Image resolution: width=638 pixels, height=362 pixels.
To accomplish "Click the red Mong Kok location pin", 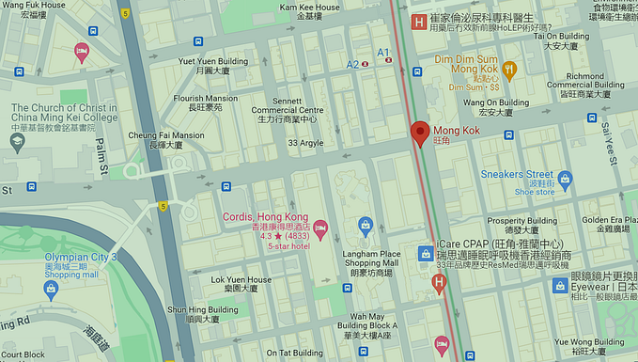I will pos(420,133).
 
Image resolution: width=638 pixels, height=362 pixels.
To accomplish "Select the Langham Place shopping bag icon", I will pos(366,225).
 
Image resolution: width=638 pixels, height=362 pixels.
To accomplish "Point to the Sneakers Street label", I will pos(516,174).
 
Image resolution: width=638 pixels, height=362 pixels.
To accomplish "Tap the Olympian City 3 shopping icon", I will pos(51,289).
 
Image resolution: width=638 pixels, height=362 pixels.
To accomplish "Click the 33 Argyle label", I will pos(305,143).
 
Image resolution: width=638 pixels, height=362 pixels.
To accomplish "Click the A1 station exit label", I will pos(382,52).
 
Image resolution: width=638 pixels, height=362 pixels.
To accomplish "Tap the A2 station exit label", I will pos(352,64).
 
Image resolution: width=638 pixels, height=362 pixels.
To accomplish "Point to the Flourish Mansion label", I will pos(206,98).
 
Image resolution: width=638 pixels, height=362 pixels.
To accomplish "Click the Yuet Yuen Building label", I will pos(213,61).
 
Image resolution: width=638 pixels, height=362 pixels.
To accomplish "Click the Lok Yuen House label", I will pos(241,279).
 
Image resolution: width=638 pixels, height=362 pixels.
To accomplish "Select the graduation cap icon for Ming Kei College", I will pos(17,142).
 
